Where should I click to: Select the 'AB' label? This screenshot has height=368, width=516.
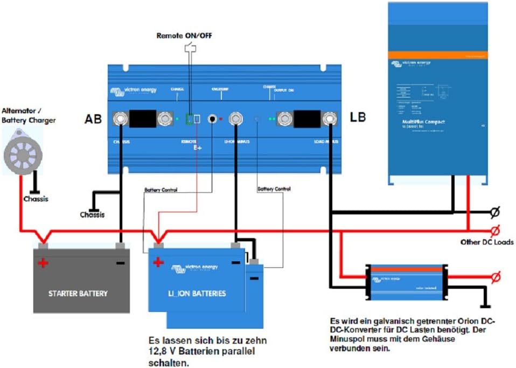click(x=93, y=119)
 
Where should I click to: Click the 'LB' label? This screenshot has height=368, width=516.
click(x=359, y=116)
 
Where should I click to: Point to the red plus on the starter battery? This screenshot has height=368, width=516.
click(x=43, y=263)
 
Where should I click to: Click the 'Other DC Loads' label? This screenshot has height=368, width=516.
click(x=487, y=242)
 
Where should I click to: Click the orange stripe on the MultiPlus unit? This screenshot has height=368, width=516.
click(x=438, y=54)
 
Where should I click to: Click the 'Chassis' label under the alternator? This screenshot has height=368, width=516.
click(x=36, y=199)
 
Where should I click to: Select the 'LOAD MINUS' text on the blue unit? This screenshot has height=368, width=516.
click(x=326, y=142)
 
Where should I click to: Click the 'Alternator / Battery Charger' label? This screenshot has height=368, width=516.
click(x=29, y=115)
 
